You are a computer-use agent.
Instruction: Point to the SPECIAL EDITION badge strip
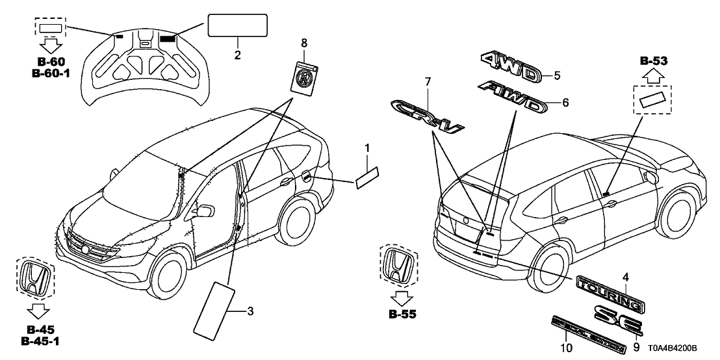tap(589, 332)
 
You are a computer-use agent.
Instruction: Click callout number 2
tap(238, 55)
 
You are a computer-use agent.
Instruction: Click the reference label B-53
tap(654, 62)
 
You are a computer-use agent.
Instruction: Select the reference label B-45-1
tap(41, 341)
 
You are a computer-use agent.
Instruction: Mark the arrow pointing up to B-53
tap(654, 77)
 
